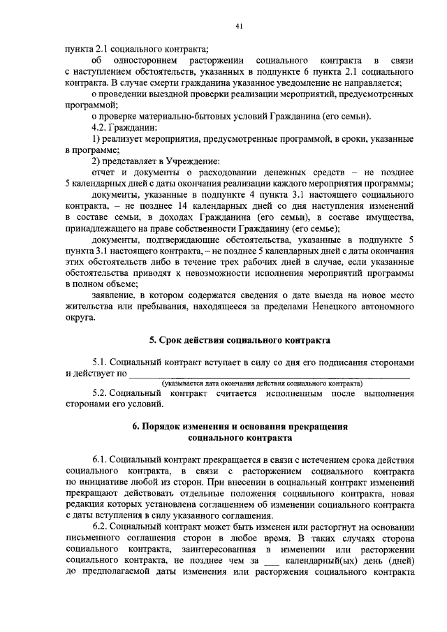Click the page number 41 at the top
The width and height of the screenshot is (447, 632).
238,27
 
